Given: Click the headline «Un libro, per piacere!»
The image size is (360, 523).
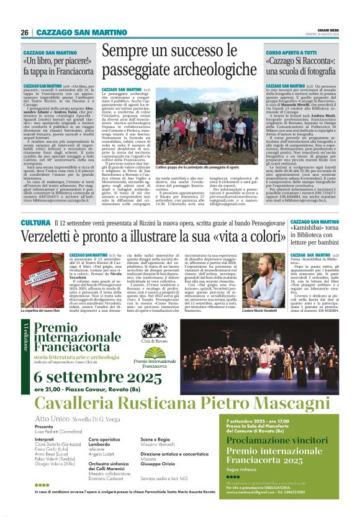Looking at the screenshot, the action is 54,63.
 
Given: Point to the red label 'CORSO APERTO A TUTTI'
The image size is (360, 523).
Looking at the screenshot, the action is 290,53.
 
